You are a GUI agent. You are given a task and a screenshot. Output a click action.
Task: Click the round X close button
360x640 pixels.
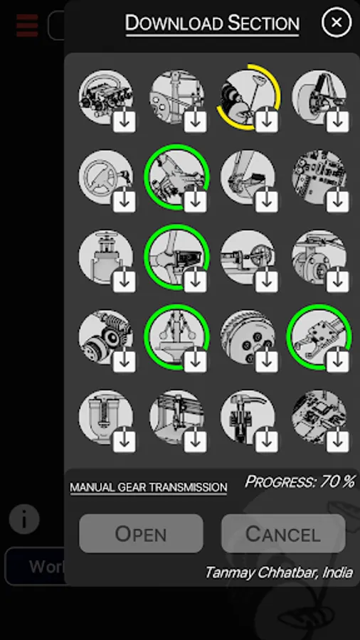click(337, 23)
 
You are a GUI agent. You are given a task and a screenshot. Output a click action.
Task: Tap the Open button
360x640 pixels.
click(141, 533)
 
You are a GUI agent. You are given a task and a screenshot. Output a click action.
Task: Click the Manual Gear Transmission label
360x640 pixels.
click(149, 487)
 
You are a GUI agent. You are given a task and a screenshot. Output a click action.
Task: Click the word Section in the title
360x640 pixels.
click(263, 23)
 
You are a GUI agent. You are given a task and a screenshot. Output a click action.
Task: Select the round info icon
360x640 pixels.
click(24, 519)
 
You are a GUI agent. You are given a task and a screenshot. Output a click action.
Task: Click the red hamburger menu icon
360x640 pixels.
click(27, 26)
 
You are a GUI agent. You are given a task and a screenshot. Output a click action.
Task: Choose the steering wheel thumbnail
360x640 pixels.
click(106, 177)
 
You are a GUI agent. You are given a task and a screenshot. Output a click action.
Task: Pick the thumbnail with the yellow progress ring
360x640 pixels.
click(248, 97)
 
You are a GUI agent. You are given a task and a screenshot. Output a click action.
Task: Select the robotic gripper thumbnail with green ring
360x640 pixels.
click(319, 337)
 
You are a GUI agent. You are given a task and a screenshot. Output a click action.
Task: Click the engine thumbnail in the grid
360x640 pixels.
click(106, 97)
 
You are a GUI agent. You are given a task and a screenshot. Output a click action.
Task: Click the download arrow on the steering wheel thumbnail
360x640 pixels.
click(124, 201)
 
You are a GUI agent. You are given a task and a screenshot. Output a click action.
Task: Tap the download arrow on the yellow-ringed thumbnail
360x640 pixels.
click(267, 121)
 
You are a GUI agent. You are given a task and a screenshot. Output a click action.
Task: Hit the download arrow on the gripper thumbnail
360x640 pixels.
click(337, 361)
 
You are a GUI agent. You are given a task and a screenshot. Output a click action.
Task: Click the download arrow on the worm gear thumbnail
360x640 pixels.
click(124, 361)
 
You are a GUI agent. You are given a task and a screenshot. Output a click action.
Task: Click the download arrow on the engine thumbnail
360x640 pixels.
click(124, 121)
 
